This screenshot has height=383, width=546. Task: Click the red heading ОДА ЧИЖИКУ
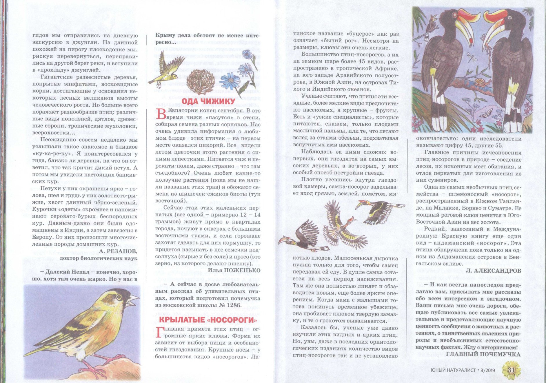(x=208, y=101)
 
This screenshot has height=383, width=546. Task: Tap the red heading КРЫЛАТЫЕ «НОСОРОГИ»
(x=208, y=320)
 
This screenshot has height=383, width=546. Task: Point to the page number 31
(x=511, y=370)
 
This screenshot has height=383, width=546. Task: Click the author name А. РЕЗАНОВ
(x=118, y=251)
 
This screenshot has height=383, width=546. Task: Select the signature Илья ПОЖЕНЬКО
(x=234, y=270)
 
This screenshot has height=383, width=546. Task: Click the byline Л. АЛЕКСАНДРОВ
(x=493, y=271)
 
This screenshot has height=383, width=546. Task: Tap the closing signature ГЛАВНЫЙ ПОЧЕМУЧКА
(x=483, y=354)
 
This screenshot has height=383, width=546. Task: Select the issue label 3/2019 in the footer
(x=488, y=370)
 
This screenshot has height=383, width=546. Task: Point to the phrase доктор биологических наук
(x=99, y=258)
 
